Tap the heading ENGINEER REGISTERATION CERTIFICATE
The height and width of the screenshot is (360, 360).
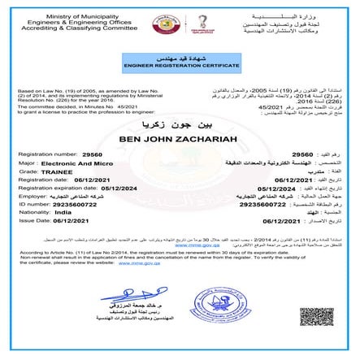tap(180, 62)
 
